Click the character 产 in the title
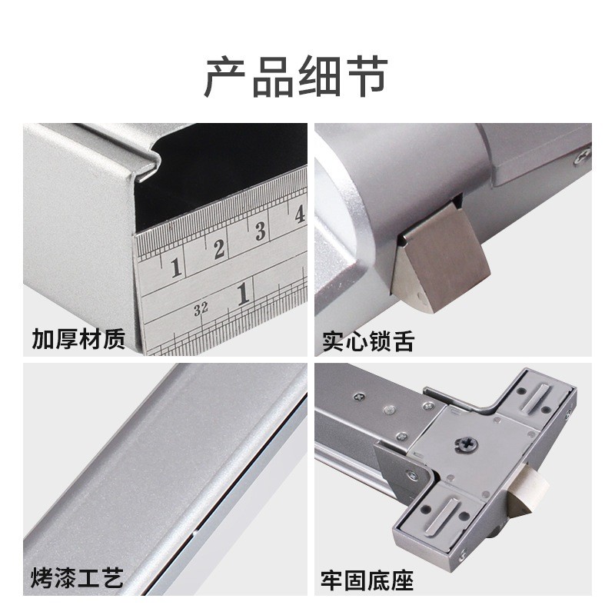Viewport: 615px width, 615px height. pos(225,76)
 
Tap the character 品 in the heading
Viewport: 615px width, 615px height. pos(273,76)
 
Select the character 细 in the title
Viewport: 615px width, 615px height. pos(319,76)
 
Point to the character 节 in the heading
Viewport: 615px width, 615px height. pos(367,76)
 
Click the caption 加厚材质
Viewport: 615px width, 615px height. pos(78,339)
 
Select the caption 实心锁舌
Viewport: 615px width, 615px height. pos(368,341)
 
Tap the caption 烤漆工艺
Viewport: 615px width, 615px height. pos(78,577)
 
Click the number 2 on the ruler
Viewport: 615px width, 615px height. pos(219,248)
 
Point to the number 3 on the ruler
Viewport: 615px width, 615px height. pos(261,231)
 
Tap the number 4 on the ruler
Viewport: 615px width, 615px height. pos(300,214)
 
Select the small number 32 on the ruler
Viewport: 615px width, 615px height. pos(201,309)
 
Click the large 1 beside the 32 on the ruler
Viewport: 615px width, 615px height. pos(243,294)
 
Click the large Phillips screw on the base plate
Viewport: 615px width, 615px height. pos(467,444)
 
